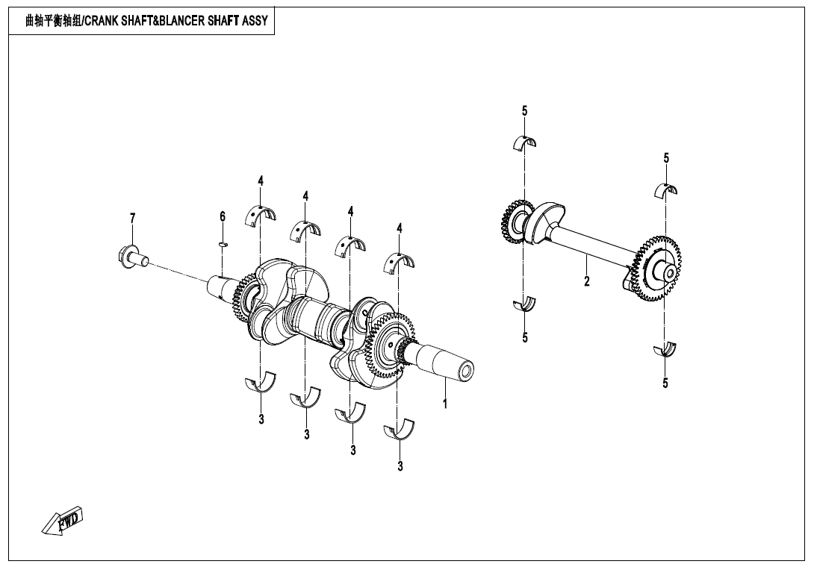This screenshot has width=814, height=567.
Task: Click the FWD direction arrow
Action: click(x=63, y=521)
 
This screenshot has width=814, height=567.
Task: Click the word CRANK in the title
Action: click(x=104, y=21)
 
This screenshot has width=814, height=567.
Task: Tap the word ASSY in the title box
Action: click(x=255, y=21)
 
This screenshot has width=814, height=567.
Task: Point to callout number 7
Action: click(x=133, y=218)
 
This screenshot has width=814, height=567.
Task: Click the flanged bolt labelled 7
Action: click(x=131, y=257)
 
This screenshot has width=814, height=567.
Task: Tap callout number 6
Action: click(x=223, y=216)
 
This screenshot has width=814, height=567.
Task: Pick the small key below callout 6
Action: click(x=223, y=242)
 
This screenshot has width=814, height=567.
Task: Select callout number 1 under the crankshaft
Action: click(x=445, y=404)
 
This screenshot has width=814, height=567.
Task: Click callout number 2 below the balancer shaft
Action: click(x=587, y=281)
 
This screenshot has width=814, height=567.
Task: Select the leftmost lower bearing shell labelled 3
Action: click(x=261, y=383)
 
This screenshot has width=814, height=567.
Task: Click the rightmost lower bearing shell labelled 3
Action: click(x=399, y=430)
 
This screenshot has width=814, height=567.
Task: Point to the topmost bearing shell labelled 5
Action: click(x=524, y=142)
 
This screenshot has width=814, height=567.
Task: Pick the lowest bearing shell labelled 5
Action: click(x=664, y=350)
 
